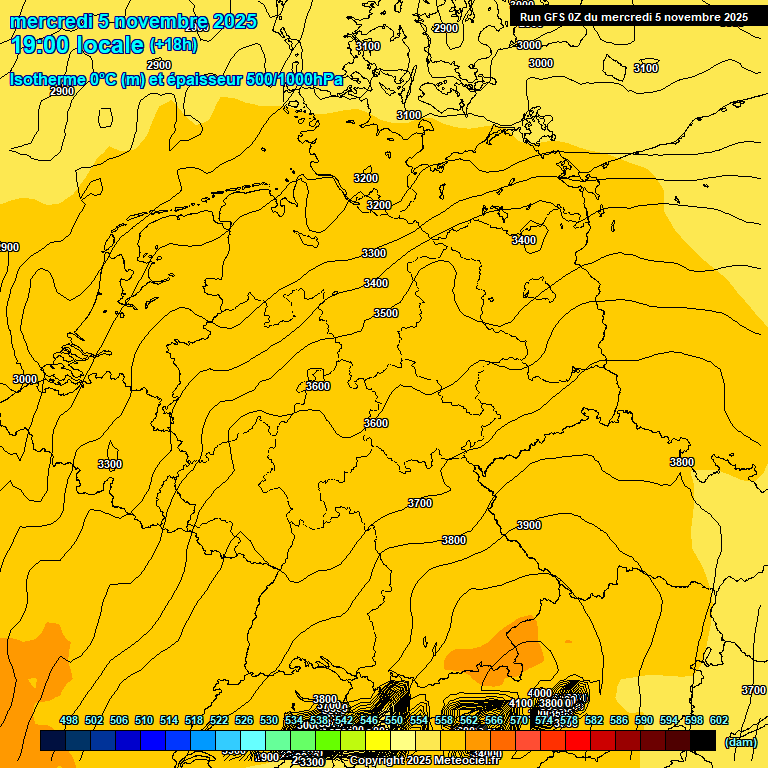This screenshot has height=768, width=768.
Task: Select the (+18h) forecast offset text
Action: [173, 45]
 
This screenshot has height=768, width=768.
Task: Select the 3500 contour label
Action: [386, 313]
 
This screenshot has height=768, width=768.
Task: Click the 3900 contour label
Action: [529, 525]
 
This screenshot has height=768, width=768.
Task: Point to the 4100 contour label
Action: [521, 703]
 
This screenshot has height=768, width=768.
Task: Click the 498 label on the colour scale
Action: [69, 720]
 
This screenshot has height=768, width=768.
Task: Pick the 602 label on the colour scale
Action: [719, 720]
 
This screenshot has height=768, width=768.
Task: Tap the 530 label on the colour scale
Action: [269, 720]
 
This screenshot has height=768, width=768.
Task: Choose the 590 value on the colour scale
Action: [644, 720]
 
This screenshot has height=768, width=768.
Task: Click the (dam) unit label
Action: [740, 742]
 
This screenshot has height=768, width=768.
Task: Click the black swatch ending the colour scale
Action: [703, 740]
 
